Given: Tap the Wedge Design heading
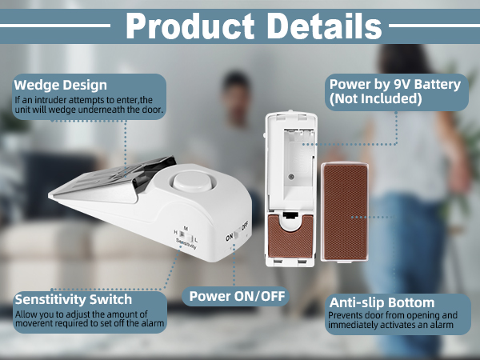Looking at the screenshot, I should [61, 85].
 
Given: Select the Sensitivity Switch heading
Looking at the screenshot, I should [72, 300].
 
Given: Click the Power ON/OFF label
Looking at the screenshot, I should [236, 296].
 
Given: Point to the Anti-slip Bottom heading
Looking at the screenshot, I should [382, 302].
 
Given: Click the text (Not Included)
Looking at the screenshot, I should [375, 99].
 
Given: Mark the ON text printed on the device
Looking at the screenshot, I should [229, 237].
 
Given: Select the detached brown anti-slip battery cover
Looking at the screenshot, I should [344, 212].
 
